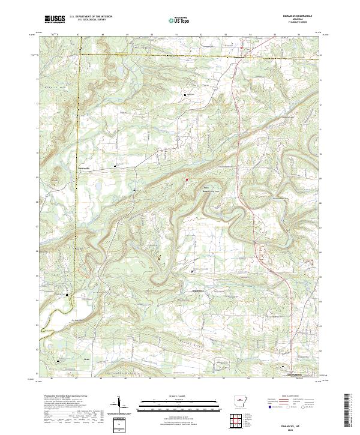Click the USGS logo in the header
pos(55,19)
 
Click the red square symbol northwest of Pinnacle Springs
pos(186,179)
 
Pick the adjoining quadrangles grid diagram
pos(236,419)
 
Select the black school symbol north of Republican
pos(193,272)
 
